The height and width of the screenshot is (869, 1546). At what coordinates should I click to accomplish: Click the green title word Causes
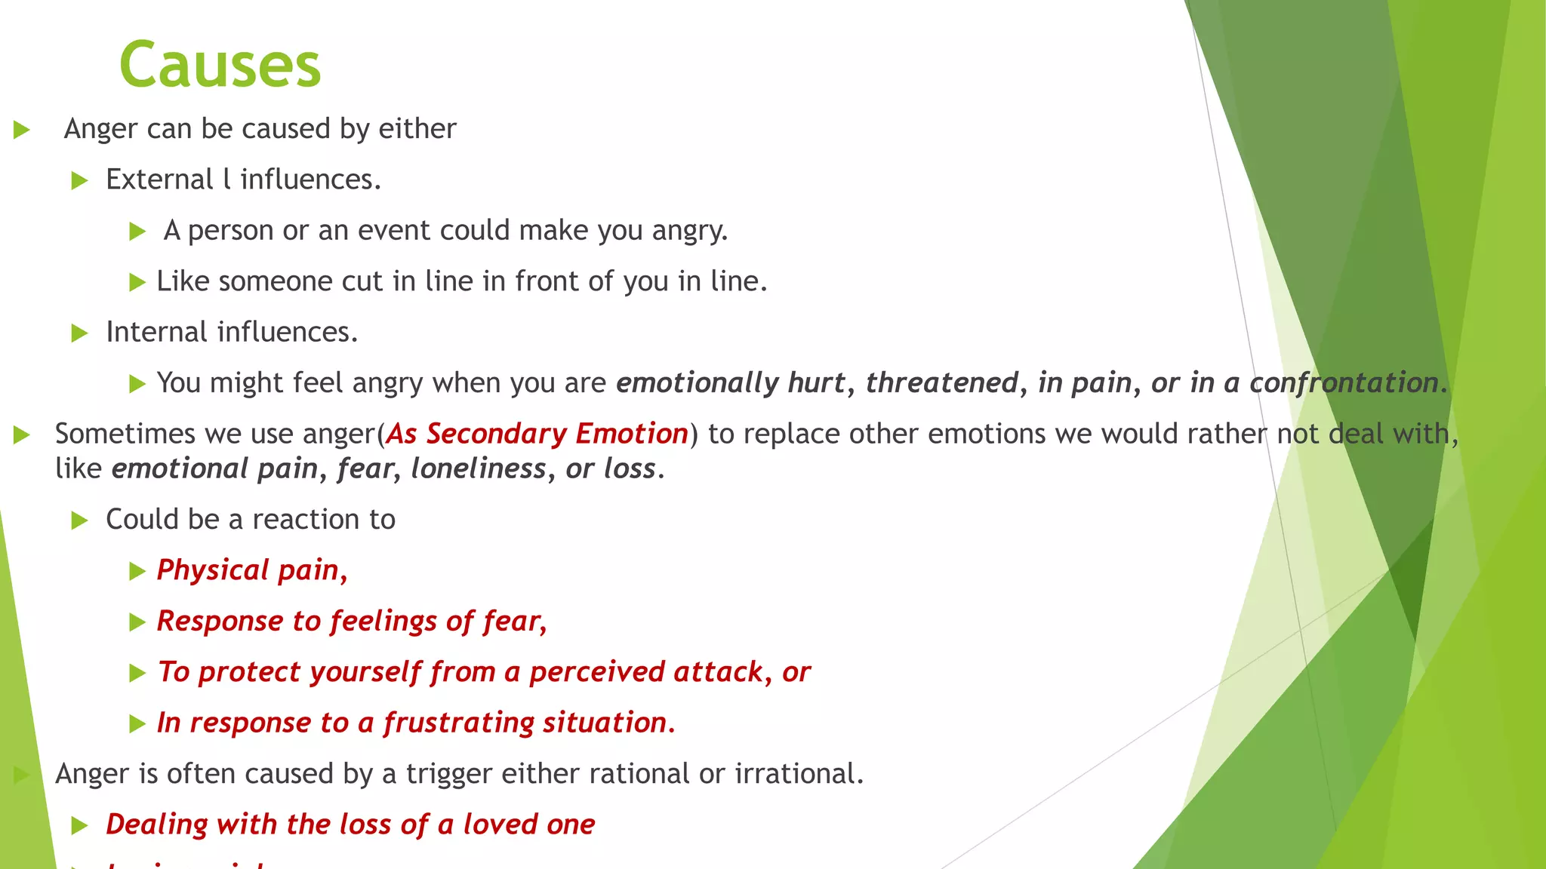[x=220, y=66]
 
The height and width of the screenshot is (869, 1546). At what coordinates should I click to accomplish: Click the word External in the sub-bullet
[x=159, y=180]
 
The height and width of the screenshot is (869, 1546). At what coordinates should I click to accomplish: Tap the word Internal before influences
[x=156, y=332]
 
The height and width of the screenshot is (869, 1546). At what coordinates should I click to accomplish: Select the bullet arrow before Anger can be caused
[x=22, y=130]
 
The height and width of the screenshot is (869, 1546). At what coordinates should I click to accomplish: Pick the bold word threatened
[x=942, y=382]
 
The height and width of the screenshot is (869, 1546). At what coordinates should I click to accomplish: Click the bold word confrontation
[x=1343, y=382]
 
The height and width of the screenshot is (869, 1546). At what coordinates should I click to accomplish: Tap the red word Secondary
[x=496, y=434]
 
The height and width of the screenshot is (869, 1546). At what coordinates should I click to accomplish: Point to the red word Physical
[x=212, y=570]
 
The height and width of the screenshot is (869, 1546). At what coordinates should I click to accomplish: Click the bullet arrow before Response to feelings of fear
[x=137, y=622]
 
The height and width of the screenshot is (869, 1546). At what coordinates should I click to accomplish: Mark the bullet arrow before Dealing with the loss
[x=79, y=825]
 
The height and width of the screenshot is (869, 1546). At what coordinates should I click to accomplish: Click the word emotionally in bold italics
[x=697, y=383]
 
